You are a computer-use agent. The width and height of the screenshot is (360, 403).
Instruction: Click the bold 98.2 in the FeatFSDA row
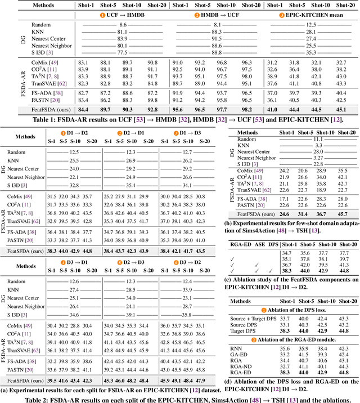[x=246, y=110]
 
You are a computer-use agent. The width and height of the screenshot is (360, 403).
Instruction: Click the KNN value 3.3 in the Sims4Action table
[x=318, y=145]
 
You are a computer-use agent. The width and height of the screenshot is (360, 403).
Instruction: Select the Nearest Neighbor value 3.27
[x=318, y=158]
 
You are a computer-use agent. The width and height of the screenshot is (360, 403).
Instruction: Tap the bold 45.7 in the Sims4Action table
[x=343, y=214]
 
